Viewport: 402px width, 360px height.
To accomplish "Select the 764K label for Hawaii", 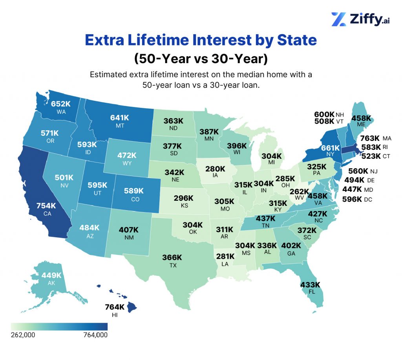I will [115, 307].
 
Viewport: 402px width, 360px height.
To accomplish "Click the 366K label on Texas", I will [172, 258].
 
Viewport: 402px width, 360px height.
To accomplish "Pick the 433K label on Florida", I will [310, 285].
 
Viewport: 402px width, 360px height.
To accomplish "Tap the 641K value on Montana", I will [119, 117].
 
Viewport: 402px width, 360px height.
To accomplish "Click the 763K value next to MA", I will [370, 138].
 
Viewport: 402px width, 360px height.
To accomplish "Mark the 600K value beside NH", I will [324, 115].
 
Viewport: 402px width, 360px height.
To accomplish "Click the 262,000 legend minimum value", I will [25, 335].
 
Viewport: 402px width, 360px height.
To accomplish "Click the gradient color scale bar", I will [59, 326].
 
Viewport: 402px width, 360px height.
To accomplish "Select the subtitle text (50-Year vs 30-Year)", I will [201, 58].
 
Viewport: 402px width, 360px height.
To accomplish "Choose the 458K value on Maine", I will [361, 118].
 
